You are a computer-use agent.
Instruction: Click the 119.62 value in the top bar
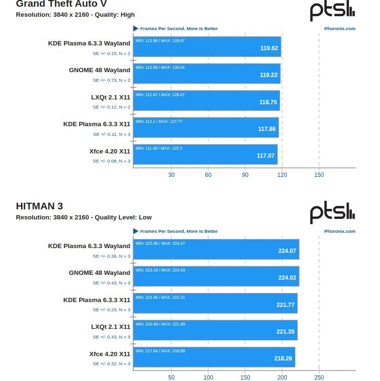[x=269, y=48]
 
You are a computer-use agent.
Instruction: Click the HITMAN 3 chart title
[x=39, y=207]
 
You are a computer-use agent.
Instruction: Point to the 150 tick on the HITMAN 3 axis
[x=245, y=377]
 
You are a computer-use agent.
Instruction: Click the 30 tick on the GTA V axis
[x=171, y=174]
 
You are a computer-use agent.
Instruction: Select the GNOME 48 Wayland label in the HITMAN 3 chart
[x=100, y=273]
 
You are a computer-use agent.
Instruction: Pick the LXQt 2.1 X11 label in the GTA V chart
[x=111, y=97]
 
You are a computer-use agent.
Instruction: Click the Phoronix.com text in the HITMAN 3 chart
[x=339, y=231]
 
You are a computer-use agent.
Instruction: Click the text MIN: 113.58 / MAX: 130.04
[x=160, y=67]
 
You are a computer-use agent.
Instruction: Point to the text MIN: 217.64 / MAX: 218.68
[x=160, y=351]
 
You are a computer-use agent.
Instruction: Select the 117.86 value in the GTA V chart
[x=267, y=129]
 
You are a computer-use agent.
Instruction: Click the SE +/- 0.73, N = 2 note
[x=112, y=80]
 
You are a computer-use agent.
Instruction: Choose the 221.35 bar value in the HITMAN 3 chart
[x=285, y=331]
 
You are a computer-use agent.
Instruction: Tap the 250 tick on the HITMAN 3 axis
[x=319, y=377]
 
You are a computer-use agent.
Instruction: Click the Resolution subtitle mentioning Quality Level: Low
[x=84, y=217]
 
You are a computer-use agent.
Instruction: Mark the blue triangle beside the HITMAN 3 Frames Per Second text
[x=136, y=231]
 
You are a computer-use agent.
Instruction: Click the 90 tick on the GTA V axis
[x=245, y=174]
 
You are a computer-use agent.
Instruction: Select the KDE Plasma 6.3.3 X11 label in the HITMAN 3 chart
[x=97, y=300]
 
